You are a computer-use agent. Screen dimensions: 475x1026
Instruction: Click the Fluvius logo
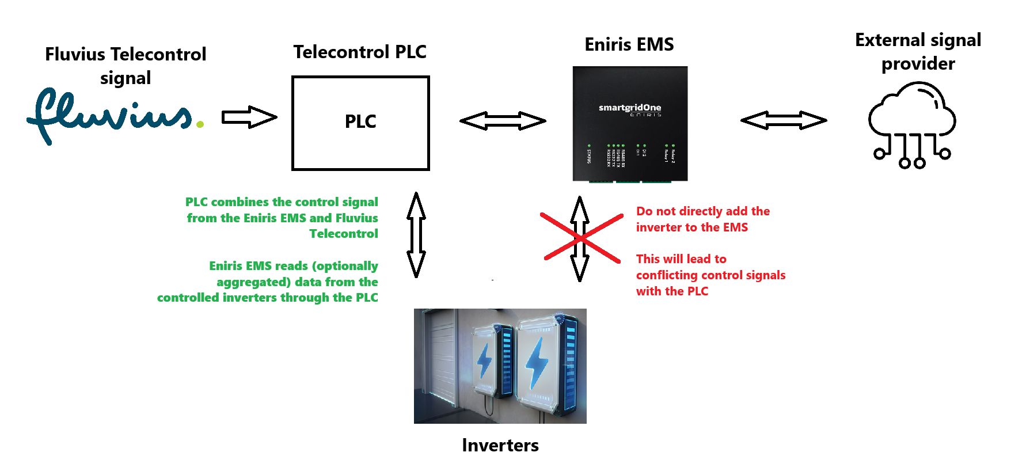pos(109,115)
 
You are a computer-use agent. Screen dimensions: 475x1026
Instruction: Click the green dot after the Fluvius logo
pos(200,124)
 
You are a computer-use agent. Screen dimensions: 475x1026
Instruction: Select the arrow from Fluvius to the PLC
pos(249,117)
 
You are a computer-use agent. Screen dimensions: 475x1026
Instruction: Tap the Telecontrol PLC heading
pos(360,52)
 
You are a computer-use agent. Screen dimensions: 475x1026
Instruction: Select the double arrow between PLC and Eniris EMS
pos(502,121)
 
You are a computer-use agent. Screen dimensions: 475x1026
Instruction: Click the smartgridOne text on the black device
pos(629,108)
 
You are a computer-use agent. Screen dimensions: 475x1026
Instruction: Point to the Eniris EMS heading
pos(629,44)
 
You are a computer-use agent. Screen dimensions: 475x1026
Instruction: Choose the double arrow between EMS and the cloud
pos(783,120)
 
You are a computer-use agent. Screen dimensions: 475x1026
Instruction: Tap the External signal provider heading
pos(918,52)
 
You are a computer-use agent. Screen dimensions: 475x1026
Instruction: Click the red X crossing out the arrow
pos(582,238)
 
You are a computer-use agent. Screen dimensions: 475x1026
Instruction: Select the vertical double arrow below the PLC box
pos(416,235)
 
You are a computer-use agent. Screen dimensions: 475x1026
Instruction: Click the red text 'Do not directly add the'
pos(702,211)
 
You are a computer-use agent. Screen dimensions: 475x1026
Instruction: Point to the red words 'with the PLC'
pos(672,291)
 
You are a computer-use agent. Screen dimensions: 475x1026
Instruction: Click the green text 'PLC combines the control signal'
pos(282,202)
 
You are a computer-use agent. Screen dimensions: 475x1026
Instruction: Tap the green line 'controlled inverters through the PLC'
pos(268,298)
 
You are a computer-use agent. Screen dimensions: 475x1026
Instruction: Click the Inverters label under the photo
pos(500,445)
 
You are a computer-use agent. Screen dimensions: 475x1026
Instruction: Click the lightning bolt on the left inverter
pos(485,362)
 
